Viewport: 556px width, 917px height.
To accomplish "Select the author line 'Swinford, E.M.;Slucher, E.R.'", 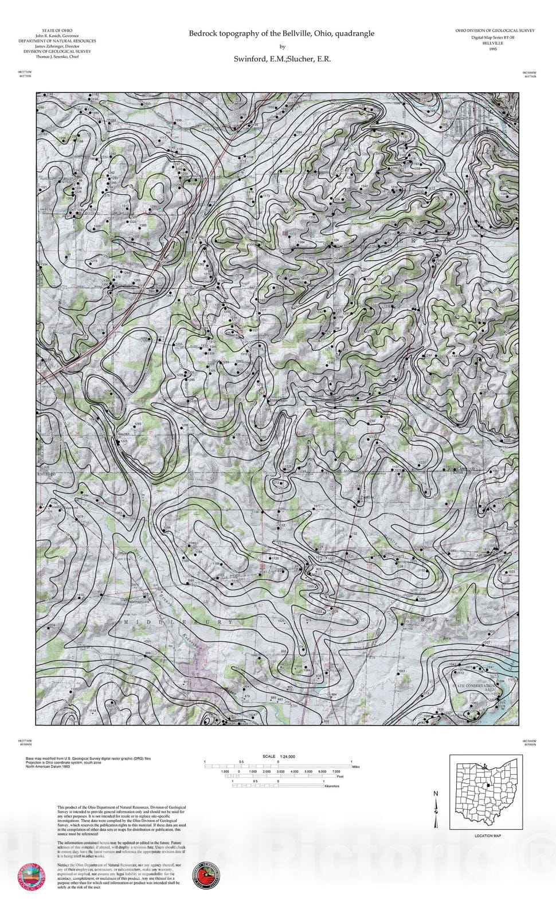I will [281, 58].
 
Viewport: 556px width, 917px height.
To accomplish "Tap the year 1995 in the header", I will [493, 49].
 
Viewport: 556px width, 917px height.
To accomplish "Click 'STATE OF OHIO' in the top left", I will [57, 30].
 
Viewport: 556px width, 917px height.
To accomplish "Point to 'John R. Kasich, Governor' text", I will [57, 36].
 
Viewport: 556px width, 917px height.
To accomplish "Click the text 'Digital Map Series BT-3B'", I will [493, 37].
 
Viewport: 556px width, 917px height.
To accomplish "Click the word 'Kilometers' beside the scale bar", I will [331, 786].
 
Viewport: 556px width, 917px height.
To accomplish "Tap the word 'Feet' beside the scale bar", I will [340, 776].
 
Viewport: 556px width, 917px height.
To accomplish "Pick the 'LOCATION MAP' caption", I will [488, 836].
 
